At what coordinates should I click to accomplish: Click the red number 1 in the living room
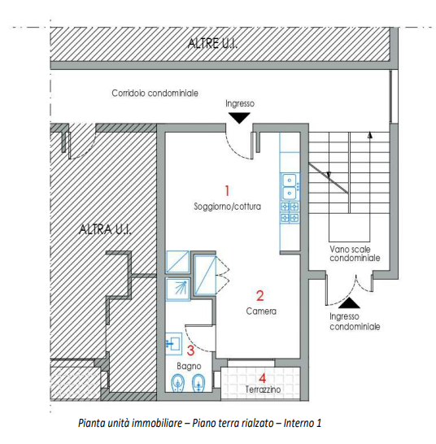[228, 189]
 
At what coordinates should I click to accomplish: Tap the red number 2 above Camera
[260, 296]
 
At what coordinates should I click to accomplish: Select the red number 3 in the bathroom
[191, 350]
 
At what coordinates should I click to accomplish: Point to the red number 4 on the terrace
[262, 377]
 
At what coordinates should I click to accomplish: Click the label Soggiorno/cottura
[228, 207]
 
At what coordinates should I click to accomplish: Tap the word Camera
[261, 311]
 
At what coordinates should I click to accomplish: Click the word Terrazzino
[263, 390]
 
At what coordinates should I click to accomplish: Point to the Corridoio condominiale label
[155, 94]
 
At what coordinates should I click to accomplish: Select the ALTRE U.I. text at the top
[212, 43]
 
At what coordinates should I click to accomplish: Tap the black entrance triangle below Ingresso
[239, 118]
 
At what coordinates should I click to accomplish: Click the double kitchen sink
[290, 186]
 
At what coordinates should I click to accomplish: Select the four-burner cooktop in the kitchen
[290, 212]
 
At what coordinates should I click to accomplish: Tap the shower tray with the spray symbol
[178, 287]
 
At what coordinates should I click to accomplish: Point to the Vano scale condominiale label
[354, 253]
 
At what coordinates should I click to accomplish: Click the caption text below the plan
[199, 423]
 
